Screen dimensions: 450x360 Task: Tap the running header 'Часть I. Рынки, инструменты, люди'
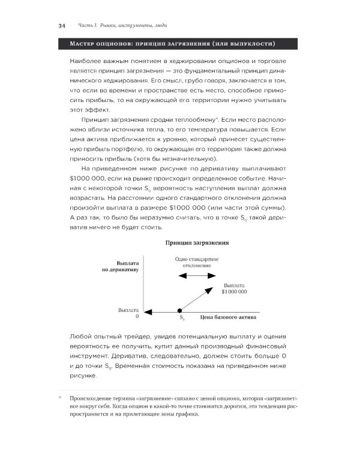(123, 26)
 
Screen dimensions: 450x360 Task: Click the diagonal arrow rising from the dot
(197, 299)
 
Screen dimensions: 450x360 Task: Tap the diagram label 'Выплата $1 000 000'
(235, 288)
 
